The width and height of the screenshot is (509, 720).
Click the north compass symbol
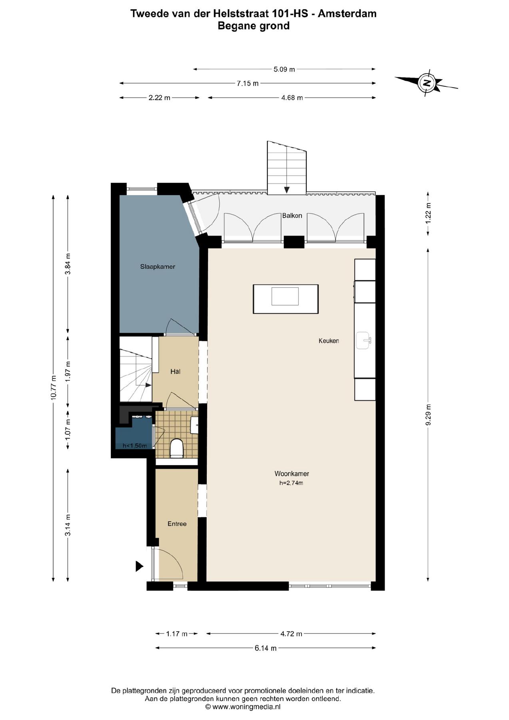tap(427, 83)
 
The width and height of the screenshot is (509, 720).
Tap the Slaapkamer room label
tap(158, 266)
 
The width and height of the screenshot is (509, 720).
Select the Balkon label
tap(292, 216)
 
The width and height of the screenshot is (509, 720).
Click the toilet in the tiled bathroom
tap(176, 448)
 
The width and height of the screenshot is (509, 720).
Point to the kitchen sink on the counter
tap(364, 340)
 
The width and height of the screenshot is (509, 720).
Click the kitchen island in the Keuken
tap(285, 299)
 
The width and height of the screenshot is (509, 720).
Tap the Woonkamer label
tap(291, 474)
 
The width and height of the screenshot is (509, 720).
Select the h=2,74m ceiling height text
tap(291, 483)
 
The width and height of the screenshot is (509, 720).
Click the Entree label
tap(177, 524)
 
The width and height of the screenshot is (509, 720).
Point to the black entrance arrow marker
tap(139, 566)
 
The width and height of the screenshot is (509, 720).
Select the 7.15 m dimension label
tap(248, 83)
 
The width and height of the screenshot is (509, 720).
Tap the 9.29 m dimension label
tap(428, 414)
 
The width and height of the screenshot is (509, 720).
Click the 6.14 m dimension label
tap(265, 648)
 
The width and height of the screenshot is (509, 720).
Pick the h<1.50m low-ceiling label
tap(135, 446)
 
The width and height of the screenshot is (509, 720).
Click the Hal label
tap(175, 372)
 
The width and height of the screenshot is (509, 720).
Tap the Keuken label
tap(329, 341)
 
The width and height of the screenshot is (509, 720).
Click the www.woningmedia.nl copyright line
tap(243, 707)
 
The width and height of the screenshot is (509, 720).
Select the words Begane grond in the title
tap(254, 26)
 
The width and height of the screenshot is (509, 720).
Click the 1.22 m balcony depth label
tap(428, 214)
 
